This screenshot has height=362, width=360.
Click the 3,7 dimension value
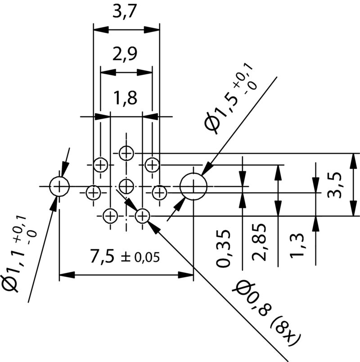click(126, 13)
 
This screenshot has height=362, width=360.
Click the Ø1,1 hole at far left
click(59, 186)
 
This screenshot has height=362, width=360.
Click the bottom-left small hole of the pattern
click(110, 217)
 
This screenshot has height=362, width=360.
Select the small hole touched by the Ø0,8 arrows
click(142, 216)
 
